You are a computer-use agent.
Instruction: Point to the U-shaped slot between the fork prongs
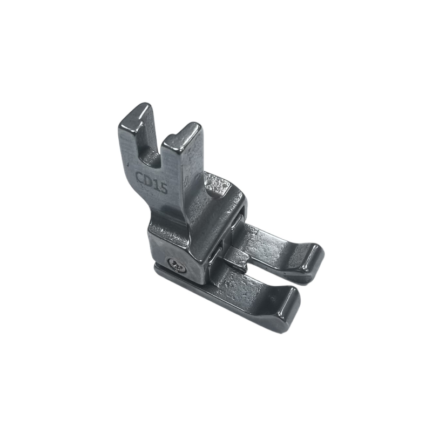click(x=151, y=150)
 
